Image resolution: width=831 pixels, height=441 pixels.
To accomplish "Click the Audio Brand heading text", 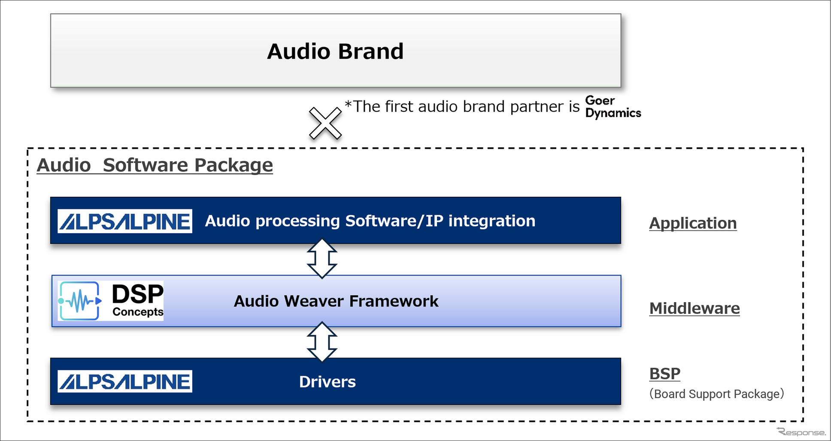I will [335, 51].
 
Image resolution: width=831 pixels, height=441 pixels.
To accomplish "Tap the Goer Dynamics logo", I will [613, 107].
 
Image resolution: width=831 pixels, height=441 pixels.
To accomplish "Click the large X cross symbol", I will [325, 123].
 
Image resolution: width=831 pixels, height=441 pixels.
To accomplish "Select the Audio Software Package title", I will [155, 165].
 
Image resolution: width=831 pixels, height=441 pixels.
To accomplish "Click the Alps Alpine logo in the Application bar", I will [125, 221].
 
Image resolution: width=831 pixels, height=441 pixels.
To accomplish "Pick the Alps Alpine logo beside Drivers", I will [125, 381].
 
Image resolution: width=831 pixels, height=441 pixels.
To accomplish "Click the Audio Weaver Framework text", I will [336, 301].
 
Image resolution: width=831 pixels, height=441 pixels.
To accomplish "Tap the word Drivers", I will [327, 382].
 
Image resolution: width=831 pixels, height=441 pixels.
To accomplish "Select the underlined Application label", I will [693, 223].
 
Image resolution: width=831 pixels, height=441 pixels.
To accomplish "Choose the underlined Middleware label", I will [694, 309].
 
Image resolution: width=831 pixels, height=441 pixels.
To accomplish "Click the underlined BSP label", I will [664, 374].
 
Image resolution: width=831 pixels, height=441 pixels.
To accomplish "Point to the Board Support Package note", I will [716, 394].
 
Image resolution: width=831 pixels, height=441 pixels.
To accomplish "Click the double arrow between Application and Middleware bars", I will [322, 258].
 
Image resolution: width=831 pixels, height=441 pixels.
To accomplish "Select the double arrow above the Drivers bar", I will [322, 342].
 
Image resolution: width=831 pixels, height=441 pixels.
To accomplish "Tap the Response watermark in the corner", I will [801, 432].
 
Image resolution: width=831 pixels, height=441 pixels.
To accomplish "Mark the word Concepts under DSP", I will [138, 312].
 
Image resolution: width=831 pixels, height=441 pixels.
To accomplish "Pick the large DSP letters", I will [137, 294].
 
